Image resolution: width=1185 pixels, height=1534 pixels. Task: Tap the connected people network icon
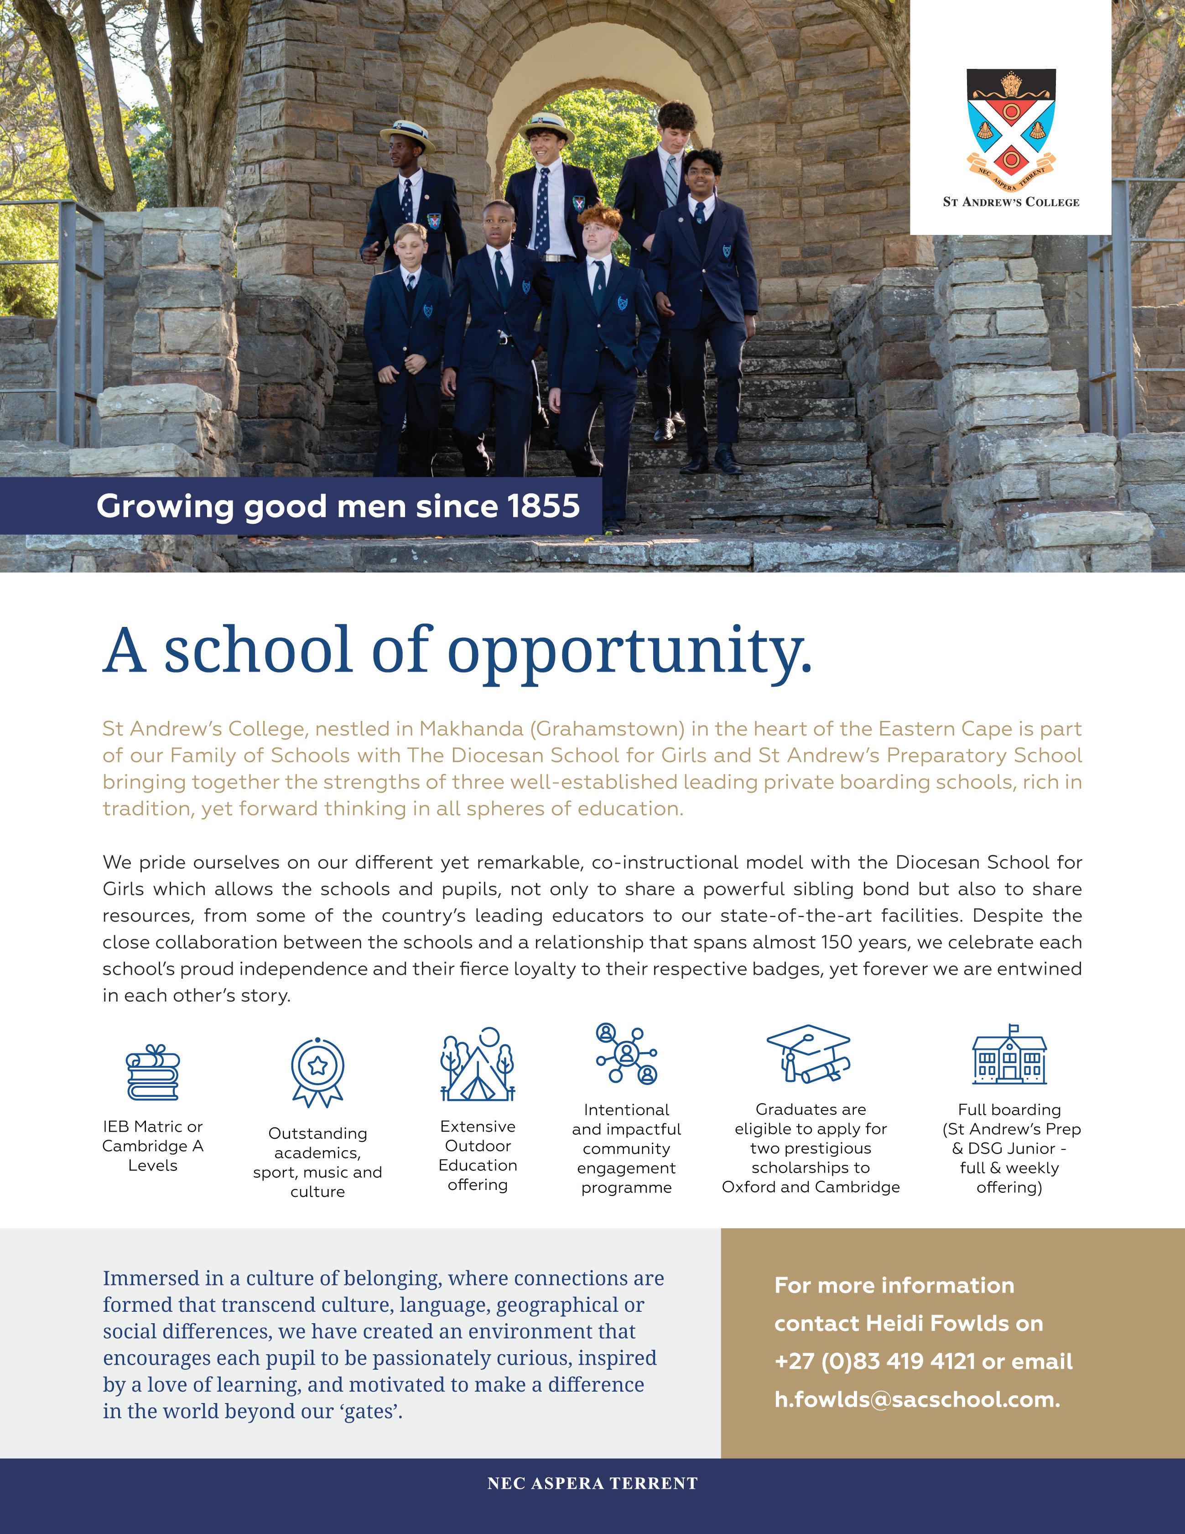(x=626, y=1054)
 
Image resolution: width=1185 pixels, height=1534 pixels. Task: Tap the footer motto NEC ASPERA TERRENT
(x=592, y=1483)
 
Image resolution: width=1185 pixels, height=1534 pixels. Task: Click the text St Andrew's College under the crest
(x=1011, y=202)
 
